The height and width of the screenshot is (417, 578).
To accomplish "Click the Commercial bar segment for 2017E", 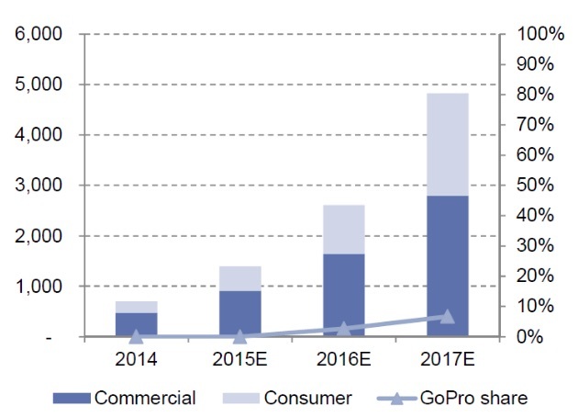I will coord(447,266).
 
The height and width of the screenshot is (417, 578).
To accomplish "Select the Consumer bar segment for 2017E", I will coord(447,144).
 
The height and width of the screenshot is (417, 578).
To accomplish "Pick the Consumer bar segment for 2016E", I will coord(343,229).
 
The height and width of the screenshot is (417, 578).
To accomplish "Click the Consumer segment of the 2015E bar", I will coord(239,278).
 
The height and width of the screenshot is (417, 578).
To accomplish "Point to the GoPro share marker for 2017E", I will coord(447,316).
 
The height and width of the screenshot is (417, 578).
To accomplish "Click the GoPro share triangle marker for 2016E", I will coord(343,328).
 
